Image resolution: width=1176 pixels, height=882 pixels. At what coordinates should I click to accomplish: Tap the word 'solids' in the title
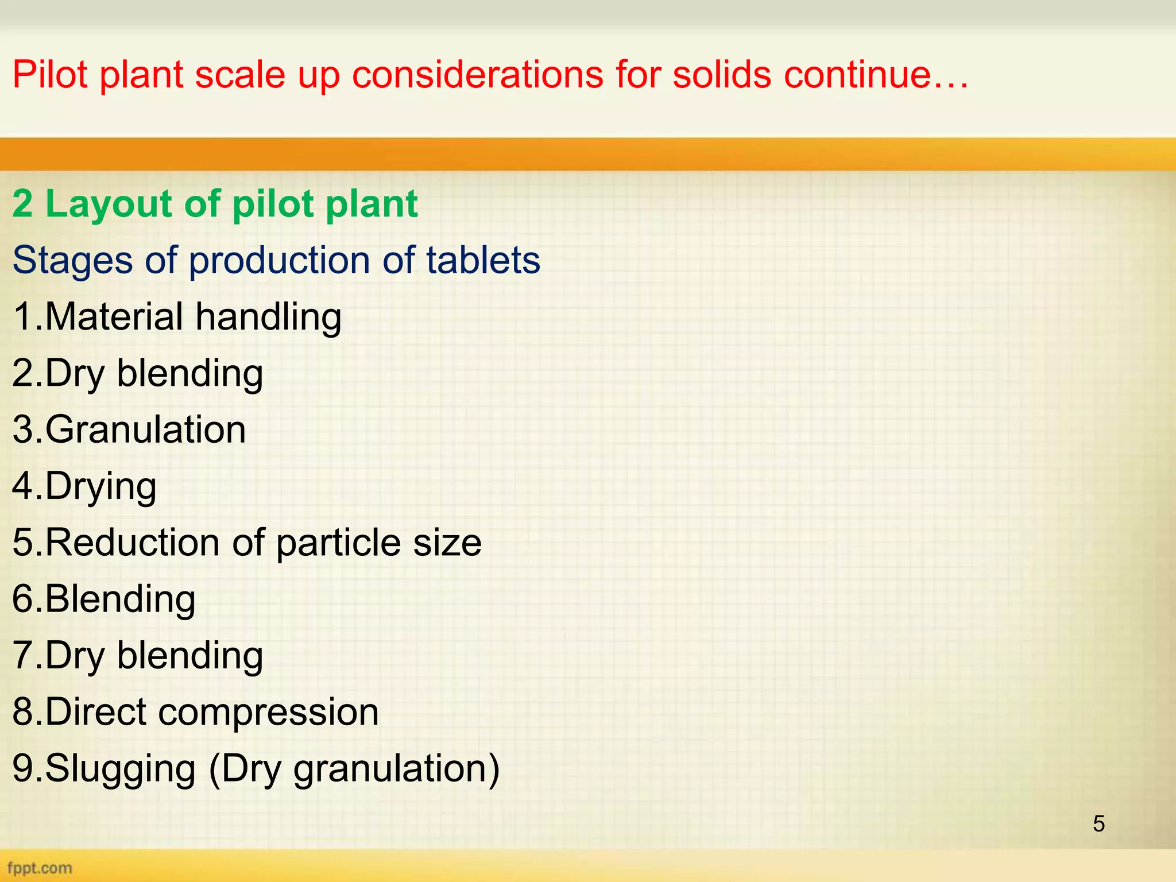(721, 75)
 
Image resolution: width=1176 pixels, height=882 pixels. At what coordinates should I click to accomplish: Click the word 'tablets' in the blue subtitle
(483, 260)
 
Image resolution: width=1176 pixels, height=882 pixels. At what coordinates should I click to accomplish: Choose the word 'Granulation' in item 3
(145, 430)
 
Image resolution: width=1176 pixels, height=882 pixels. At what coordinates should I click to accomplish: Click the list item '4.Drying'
(84, 486)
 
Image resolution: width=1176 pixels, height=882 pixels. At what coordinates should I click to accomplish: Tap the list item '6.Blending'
(104, 599)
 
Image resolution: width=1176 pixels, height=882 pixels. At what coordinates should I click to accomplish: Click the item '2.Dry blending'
(137, 373)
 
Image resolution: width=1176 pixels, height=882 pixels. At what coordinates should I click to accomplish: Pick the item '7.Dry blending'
(137, 656)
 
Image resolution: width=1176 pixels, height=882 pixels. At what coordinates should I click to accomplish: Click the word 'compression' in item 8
(268, 712)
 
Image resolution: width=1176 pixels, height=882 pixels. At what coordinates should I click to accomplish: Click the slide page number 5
(1098, 824)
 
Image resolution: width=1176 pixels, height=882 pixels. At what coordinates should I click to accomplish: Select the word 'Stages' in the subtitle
(72, 260)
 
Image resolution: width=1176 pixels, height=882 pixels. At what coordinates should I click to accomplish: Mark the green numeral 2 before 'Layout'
(22, 204)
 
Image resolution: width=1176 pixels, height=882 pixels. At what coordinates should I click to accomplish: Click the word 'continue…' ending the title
(876, 75)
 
